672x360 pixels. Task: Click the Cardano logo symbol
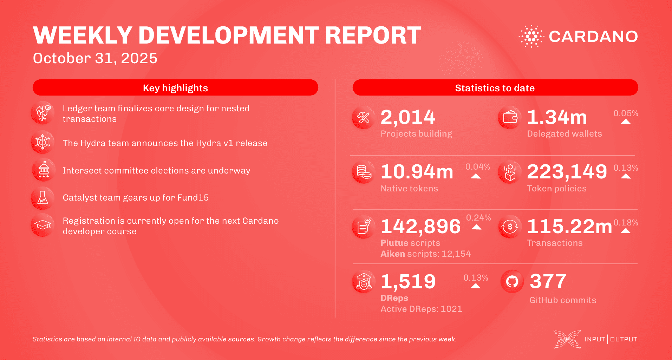tap(531, 36)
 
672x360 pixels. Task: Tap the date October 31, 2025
tap(95, 58)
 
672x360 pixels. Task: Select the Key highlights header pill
tap(175, 88)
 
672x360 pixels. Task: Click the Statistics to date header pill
tap(495, 88)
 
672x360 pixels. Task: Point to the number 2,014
tap(408, 117)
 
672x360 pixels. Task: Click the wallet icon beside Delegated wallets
tap(510, 117)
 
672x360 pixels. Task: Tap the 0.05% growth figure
tap(625, 113)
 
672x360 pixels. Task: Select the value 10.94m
tap(417, 172)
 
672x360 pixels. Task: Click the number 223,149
tap(567, 172)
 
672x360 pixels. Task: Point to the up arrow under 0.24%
tap(476, 227)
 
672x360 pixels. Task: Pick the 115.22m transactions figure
tap(569, 227)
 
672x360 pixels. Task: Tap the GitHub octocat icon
tap(512, 281)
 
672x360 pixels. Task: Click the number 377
tap(548, 281)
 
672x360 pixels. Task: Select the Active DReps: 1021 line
tap(421, 309)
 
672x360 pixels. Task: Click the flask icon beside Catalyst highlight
tap(43, 198)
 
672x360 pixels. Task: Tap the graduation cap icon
tap(43, 225)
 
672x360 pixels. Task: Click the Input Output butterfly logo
tap(567, 339)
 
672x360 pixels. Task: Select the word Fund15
tap(193, 198)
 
